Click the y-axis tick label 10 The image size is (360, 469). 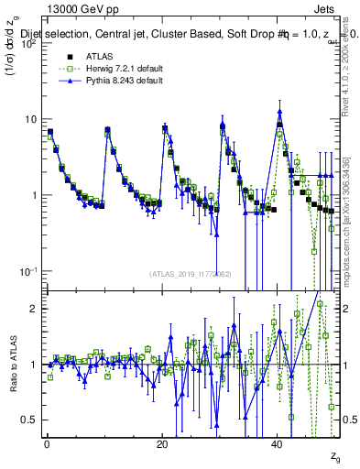point(30,119)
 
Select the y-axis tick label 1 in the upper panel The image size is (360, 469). point(34,195)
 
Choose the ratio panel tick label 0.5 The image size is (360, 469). point(29,420)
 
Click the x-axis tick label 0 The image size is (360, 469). point(47,443)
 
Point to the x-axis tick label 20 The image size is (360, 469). point(162,443)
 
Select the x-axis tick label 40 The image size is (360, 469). point(278,443)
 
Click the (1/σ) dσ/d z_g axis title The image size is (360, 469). point(13,55)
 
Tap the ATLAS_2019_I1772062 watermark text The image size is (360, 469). point(190,274)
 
